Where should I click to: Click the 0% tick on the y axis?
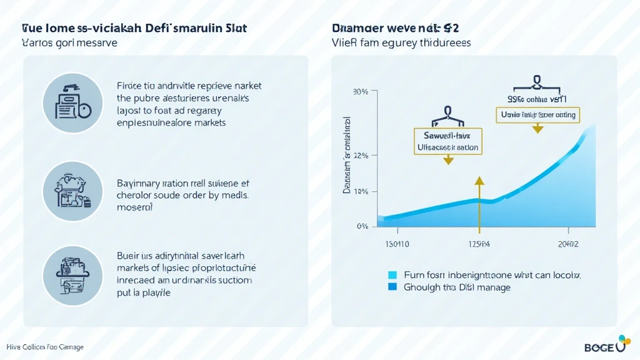click(x=362, y=226)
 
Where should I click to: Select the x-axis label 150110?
click(x=395, y=244)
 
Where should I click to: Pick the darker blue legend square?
click(x=392, y=287)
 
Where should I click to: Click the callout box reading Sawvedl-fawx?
click(x=447, y=141)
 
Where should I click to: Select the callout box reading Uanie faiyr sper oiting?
click(x=537, y=115)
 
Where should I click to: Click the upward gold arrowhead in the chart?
click(x=479, y=182)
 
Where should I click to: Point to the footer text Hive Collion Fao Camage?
click(x=45, y=347)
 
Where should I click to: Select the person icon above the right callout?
click(x=536, y=82)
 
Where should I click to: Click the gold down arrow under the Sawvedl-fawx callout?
click(x=447, y=160)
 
